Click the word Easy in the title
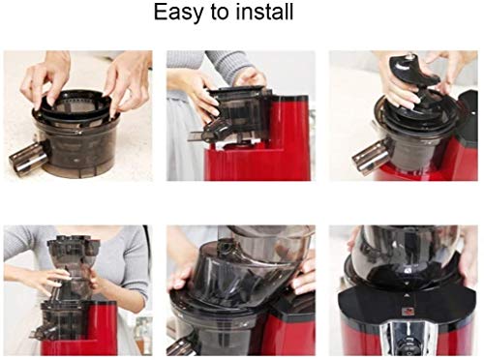pos(180,15)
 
